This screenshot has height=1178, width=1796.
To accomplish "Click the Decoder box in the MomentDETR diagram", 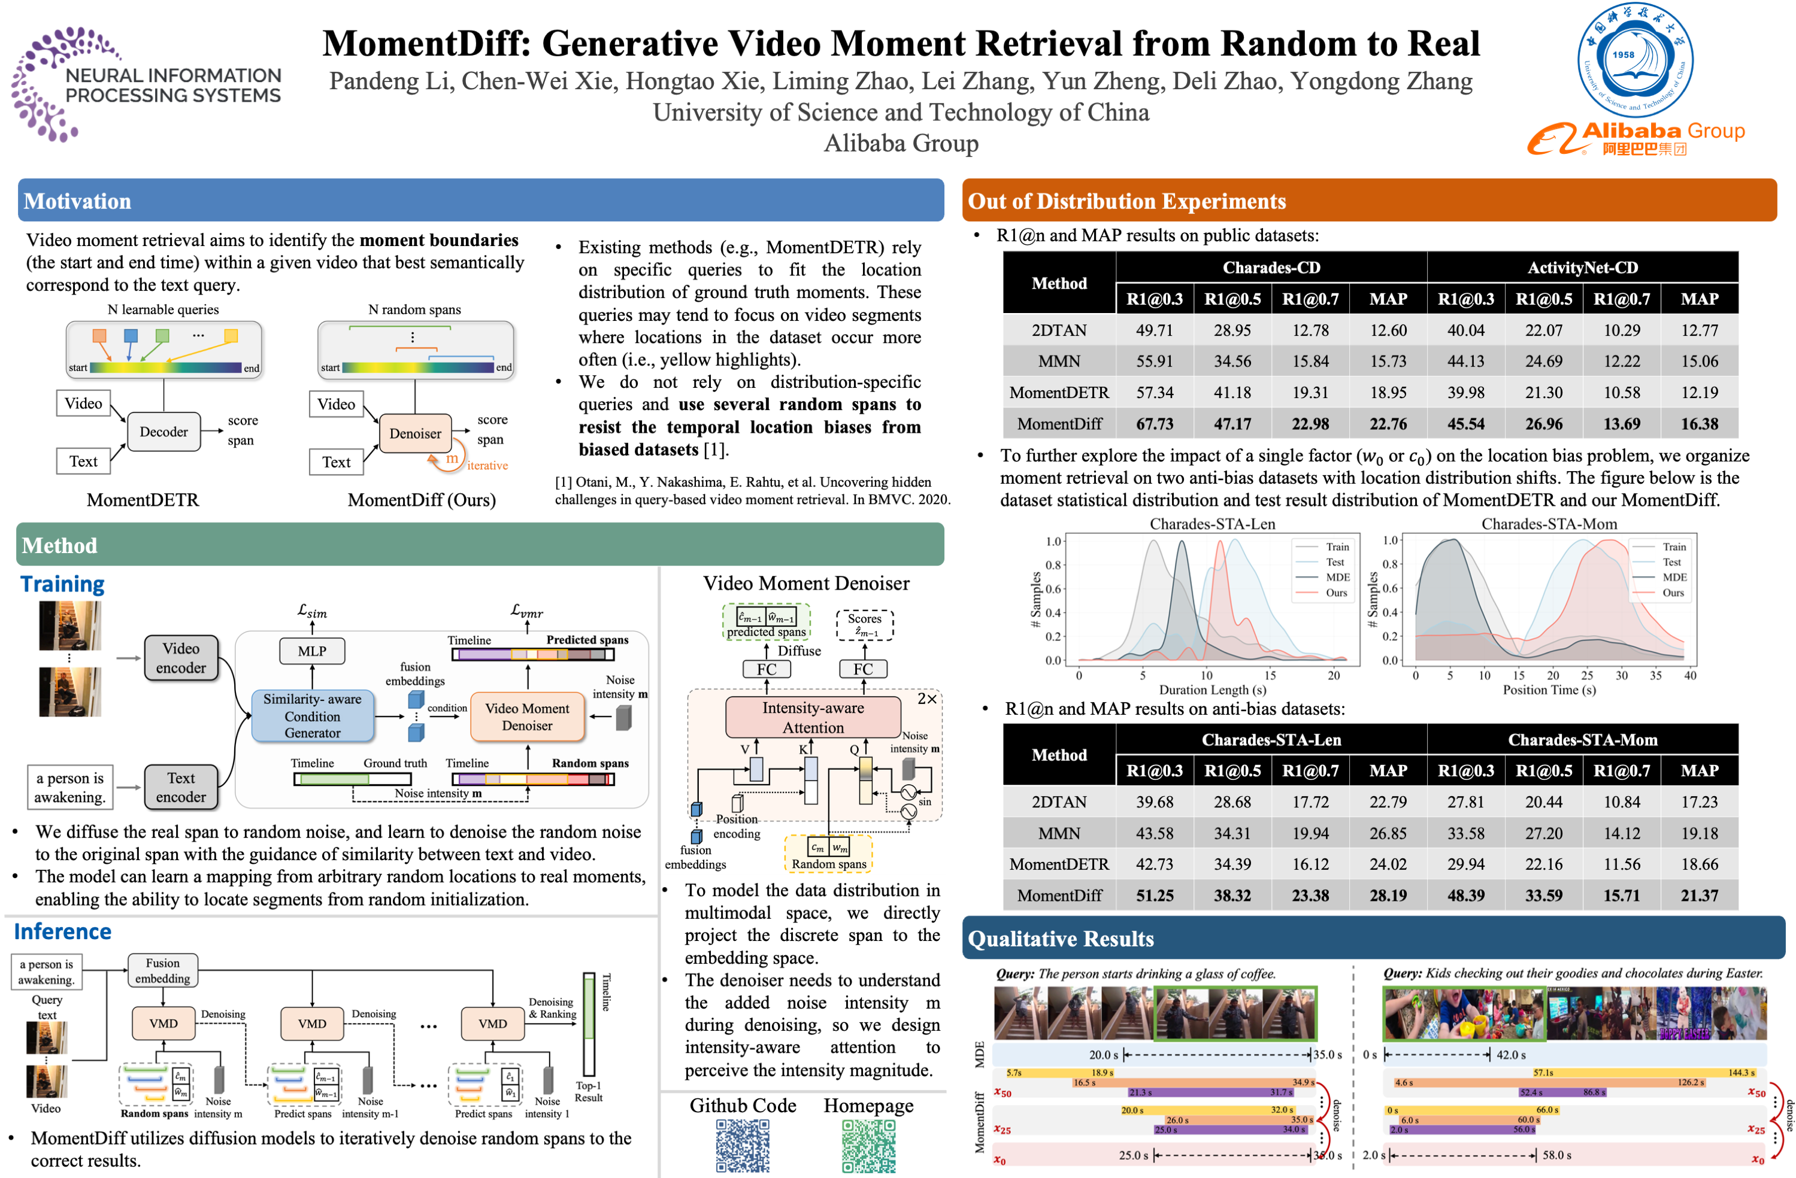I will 163,432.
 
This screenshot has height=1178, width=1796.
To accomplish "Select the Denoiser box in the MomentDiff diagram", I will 415,433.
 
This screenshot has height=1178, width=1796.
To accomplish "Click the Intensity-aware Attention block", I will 813,717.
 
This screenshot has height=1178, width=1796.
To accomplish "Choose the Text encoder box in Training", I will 181,787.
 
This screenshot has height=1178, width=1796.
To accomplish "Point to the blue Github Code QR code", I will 743,1146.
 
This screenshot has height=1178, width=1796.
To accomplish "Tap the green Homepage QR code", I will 868,1146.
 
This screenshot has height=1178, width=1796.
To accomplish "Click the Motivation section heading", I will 78,201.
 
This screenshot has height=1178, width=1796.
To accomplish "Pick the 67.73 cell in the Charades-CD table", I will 1154,424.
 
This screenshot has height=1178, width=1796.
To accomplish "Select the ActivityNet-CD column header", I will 1582,268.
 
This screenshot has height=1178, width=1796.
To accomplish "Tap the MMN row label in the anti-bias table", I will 1059,833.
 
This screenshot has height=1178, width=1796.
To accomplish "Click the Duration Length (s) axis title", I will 1212,690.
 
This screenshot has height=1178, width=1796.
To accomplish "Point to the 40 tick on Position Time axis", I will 1689,676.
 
